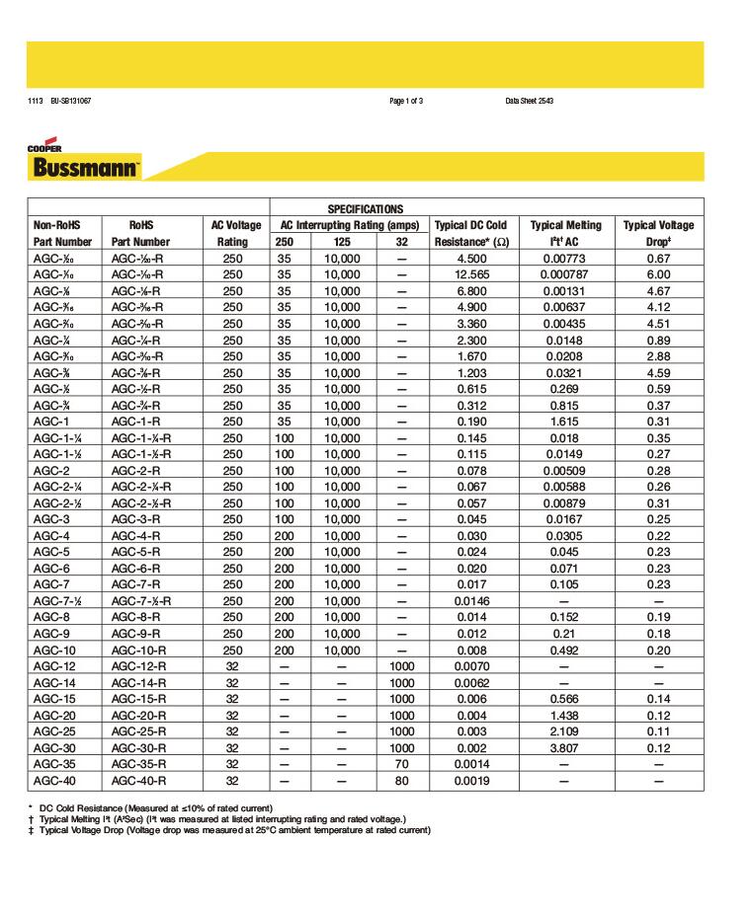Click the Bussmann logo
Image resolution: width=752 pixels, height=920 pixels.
[x=85, y=165]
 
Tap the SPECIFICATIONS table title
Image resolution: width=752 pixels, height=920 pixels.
[x=365, y=209]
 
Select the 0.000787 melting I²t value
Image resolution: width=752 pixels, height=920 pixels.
[x=565, y=274]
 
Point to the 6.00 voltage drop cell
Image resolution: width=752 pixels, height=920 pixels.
[x=658, y=274]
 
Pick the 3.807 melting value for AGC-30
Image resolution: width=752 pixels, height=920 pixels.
[x=565, y=748]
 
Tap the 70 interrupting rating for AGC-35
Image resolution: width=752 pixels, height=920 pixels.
[x=400, y=764]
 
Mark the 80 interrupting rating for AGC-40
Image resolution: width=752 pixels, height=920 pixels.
[x=400, y=781]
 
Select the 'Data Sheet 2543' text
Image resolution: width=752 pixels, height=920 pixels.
[x=529, y=102]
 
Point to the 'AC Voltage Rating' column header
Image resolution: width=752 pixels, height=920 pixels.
[x=232, y=233]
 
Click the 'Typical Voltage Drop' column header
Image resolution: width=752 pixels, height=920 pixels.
[x=658, y=233]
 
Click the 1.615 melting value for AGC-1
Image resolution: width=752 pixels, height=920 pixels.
[x=565, y=422]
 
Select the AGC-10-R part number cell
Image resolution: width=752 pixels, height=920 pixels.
[x=140, y=651]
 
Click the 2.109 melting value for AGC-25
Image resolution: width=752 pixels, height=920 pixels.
[x=565, y=731]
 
